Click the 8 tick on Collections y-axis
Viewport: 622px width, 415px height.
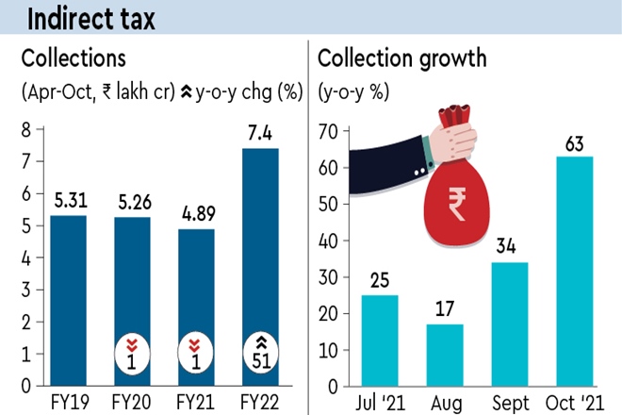pyautogui.click(x=25, y=129)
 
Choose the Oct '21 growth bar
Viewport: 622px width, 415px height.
pyautogui.click(x=575, y=272)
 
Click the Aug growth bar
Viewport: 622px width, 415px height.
pyautogui.click(x=446, y=356)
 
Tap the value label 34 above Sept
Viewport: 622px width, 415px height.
pyautogui.click(x=510, y=248)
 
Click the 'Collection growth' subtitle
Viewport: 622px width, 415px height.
pyautogui.click(x=401, y=58)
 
